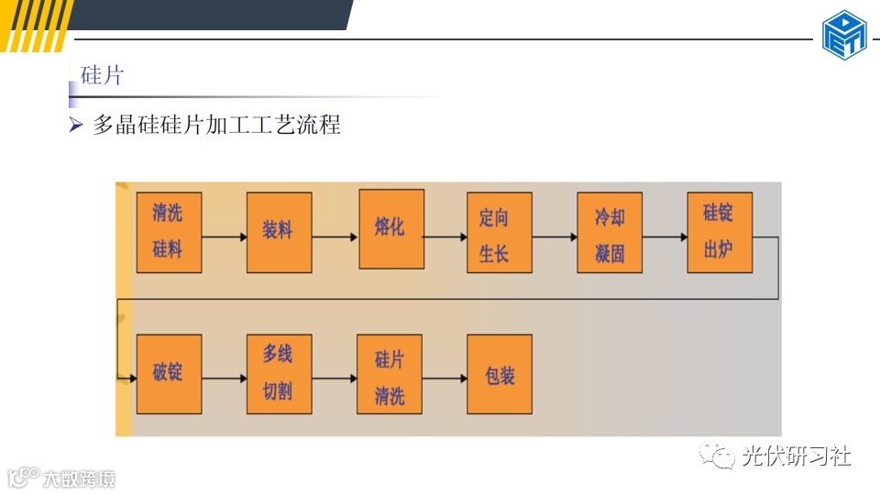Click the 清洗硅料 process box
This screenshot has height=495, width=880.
[169, 232]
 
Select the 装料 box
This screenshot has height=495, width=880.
[279, 232]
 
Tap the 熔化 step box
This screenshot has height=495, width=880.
[390, 229]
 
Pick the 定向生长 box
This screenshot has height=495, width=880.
[500, 232]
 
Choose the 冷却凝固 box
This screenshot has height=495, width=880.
[610, 232]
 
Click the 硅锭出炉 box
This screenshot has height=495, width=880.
[720, 232]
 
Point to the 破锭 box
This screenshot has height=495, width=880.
[169, 374]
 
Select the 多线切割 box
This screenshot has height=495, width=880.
[279, 374]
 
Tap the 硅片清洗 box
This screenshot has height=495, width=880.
[390, 374]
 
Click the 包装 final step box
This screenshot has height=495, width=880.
[500, 374]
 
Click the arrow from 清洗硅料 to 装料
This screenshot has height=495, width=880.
[224, 236]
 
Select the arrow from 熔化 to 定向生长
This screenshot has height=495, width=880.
[445, 236]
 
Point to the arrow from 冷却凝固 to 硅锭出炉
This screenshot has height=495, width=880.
[665, 236]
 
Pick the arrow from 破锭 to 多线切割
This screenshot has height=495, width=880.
[224, 378]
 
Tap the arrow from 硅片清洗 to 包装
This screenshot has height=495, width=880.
[445, 378]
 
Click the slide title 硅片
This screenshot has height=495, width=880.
[102, 75]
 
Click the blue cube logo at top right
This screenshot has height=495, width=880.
[843, 35]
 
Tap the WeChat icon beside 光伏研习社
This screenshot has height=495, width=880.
[717, 455]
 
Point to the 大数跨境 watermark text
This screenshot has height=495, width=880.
[78, 478]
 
